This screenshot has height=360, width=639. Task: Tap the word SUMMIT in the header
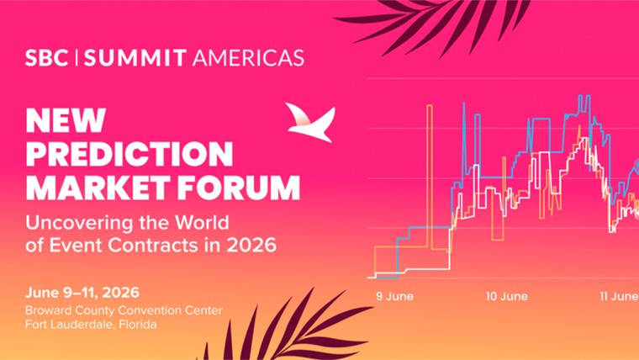[136, 58]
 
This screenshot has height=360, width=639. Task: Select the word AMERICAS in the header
[248, 58]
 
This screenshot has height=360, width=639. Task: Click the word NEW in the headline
[66, 120]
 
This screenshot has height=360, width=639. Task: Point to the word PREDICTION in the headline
[129, 154]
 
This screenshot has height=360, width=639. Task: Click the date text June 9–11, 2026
[82, 293]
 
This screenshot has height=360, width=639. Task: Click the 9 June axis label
[394, 296]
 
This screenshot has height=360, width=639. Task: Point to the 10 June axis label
[507, 296]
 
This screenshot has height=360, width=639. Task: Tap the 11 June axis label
[617, 296]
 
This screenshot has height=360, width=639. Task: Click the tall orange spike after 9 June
[429, 168]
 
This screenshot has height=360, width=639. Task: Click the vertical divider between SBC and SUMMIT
[77, 58]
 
